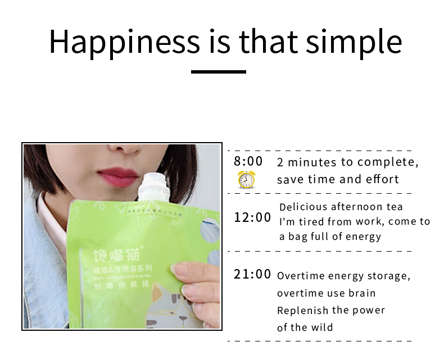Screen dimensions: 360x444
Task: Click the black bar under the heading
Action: coord(219,71)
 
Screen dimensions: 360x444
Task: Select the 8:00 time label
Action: coord(248,161)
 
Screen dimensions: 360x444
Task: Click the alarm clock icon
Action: coord(246,180)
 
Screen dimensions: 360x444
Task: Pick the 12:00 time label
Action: coord(252,217)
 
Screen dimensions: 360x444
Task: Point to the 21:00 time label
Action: coord(252,275)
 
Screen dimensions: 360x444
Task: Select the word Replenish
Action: coord(303,310)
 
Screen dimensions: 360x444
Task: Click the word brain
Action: coord(365,293)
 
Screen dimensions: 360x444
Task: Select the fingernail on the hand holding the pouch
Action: coord(179,270)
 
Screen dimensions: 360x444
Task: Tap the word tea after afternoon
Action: coord(396,207)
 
